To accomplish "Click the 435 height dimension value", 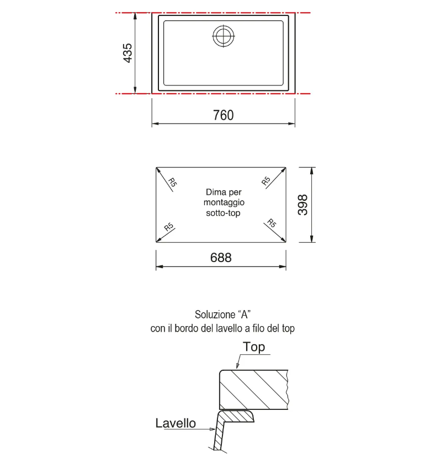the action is [x=127, y=53].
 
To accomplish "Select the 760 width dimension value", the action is [x=224, y=115].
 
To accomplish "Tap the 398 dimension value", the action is [x=303, y=205].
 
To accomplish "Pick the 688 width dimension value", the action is [x=221, y=258].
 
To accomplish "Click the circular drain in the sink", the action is [x=224, y=36].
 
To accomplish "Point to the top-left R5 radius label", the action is [x=172, y=182].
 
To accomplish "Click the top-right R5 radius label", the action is [x=266, y=180].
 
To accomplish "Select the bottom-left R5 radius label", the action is [x=169, y=227].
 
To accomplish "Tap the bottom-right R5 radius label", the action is [x=272, y=223].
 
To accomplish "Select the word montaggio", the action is [x=224, y=202].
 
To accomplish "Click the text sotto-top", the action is [x=223, y=213].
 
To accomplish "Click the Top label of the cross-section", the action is [x=254, y=347].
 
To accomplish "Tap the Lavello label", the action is [x=176, y=423].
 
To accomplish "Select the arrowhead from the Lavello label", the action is [x=212, y=429].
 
